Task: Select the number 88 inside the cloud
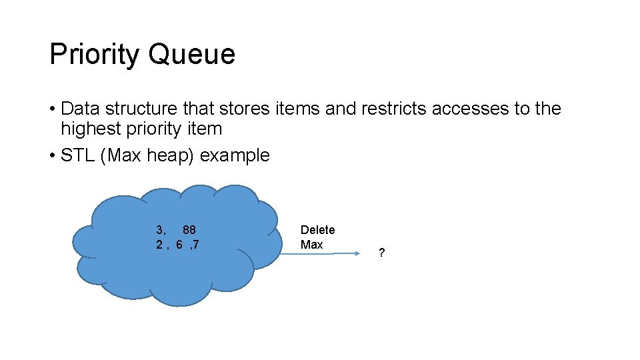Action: (189, 230)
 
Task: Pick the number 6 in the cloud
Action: (180, 245)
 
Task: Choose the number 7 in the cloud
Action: (196, 245)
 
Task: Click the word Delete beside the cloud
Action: (317, 230)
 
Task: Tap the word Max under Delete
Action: (311, 245)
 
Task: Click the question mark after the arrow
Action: (381, 253)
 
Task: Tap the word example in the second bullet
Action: (235, 155)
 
